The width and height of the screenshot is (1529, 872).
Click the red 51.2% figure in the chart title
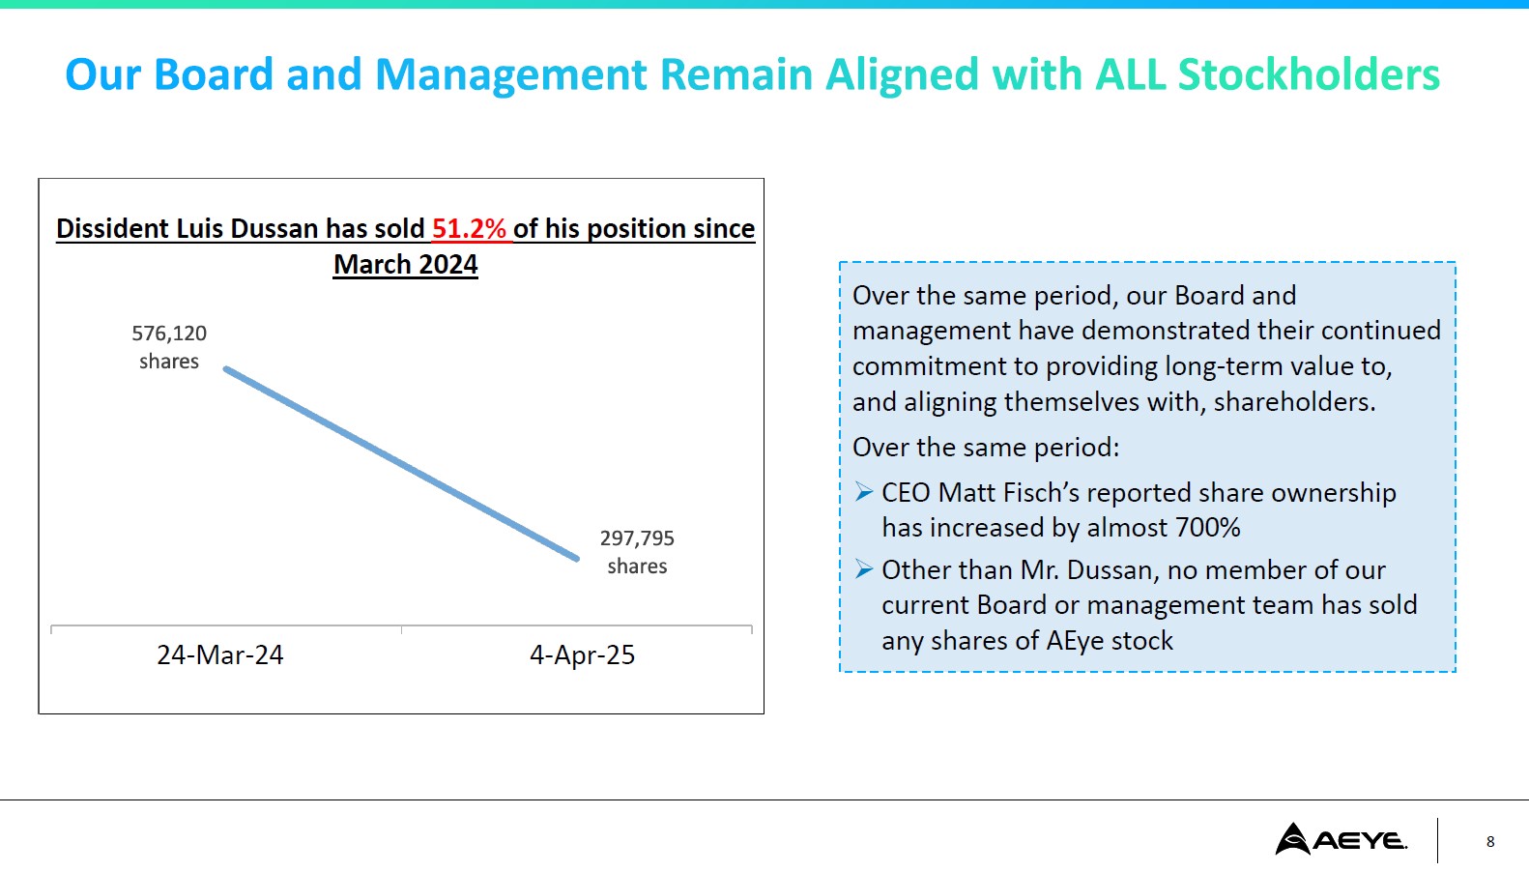click(469, 229)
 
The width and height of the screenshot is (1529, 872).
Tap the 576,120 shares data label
click(169, 347)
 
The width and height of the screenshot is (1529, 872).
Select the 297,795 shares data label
click(637, 552)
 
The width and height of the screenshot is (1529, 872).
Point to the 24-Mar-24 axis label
click(220, 655)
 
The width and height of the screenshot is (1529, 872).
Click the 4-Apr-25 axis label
click(582, 655)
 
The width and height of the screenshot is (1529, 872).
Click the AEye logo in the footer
click(1341, 839)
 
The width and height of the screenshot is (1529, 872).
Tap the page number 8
click(1490, 842)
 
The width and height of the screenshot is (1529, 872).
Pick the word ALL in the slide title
click(1130, 75)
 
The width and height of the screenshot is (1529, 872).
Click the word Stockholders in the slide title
click(1309, 75)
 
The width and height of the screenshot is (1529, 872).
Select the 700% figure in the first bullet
click(1207, 528)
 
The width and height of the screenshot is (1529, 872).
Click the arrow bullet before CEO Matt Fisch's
click(864, 493)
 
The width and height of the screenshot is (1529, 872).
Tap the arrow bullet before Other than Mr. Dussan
click(864, 570)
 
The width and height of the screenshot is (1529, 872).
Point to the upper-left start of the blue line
click(226, 369)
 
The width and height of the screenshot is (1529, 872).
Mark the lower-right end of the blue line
click(577, 559)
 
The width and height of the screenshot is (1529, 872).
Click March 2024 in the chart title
click(406, 265)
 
